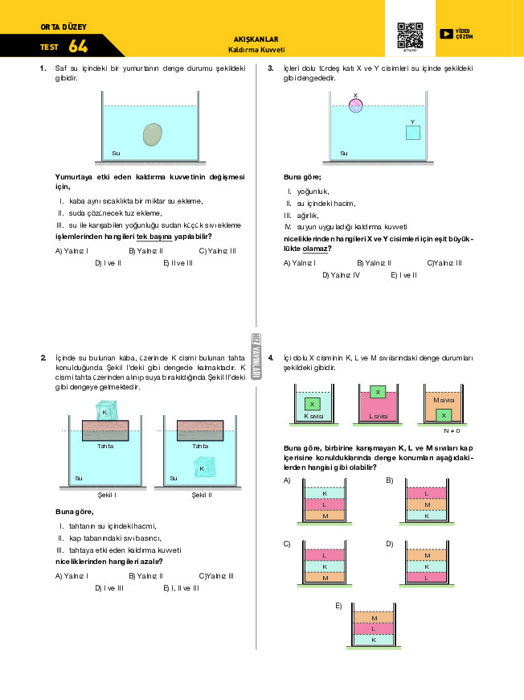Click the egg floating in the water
(x=152, y=134)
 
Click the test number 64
(x=79, y=46)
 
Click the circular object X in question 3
(x=356, y=104)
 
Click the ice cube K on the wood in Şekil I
(x=105, y=412)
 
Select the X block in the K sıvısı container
(x=313, y=404)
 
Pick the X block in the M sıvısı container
(x=444, y=414)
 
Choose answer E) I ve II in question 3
(x=403, y=275)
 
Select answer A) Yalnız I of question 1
(x=72, y=250)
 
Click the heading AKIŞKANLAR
(x=256, y=39)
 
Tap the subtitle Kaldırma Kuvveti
(x=256, y=49)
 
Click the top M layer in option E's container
(x=374, y=617)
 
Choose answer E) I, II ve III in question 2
(x=181, y=588)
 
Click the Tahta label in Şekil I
(x=104, y=446)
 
